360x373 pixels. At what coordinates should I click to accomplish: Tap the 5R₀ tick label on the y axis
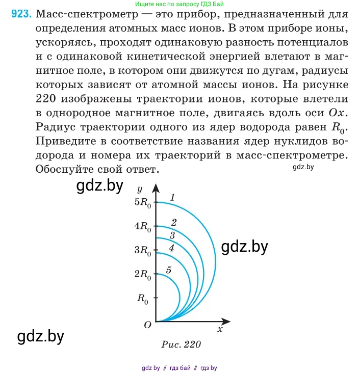point(143,202)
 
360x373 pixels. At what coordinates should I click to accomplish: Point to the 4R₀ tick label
point(143,226)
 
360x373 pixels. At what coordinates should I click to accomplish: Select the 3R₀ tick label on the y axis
point(143,250)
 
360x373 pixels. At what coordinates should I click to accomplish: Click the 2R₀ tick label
point(143,275)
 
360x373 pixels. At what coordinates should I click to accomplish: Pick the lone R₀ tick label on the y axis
point(142,299)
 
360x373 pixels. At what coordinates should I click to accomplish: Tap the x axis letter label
point(220,329)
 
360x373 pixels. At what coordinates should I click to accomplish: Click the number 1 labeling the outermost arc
point(173,197)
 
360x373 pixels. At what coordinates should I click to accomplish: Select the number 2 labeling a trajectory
point(174,222)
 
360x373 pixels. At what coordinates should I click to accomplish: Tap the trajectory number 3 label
point(172,235)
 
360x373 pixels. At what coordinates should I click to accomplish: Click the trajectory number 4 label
point(171,248)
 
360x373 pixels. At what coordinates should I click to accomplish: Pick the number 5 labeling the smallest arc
point(169,270)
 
